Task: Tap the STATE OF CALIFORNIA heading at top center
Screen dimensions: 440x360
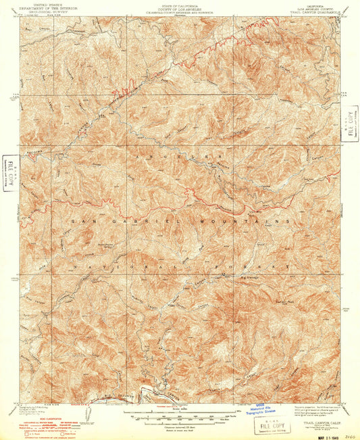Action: (180, 3)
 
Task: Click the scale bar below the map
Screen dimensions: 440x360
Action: (180, 412)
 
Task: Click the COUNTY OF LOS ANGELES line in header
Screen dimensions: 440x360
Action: (180, 7)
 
